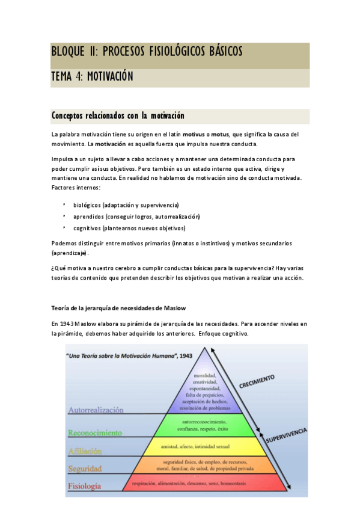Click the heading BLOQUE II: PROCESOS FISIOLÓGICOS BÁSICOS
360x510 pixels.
coord(147,52)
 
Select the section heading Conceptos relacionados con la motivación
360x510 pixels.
coord(118,115)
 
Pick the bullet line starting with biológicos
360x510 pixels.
coord(126,205)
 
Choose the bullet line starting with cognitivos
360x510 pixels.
coord(129,228)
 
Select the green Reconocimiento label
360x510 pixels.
coord(95,432)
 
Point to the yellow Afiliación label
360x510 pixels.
coord(85,450)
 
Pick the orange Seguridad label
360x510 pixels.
coord(85,469)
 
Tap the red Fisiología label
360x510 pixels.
coord(84,486)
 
